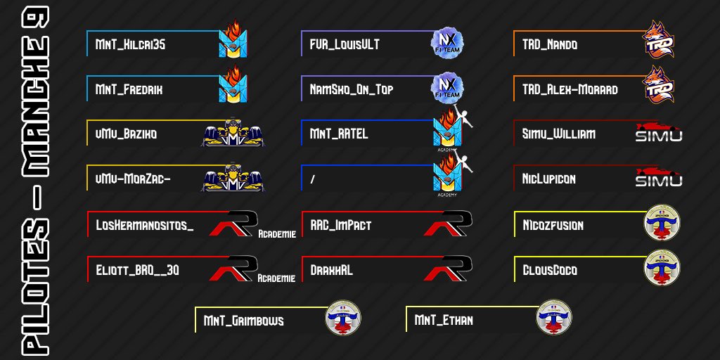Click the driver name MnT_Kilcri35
click(x=131, y=45)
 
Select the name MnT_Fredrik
click(x=129, y=90)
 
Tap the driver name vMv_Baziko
click(x=126, y=134)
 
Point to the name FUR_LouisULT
click(x=345, y=45)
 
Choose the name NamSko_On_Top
click(x=352, y=90)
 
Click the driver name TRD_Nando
click(x=550, y=45)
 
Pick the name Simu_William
click(x=559, y=134)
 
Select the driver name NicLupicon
click(x=549, y=179)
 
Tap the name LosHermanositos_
click(x=144, y=226)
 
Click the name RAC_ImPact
click(x=341, y=226)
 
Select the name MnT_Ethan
click(x=444, y=321)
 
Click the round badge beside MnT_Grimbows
click(x=342, y=318)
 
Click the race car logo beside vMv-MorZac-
click(x=232, y=179)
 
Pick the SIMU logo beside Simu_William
click(x=659, y=133)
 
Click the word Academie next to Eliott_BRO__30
click(x=276, y=278)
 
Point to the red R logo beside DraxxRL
click(x=448, y=269)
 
